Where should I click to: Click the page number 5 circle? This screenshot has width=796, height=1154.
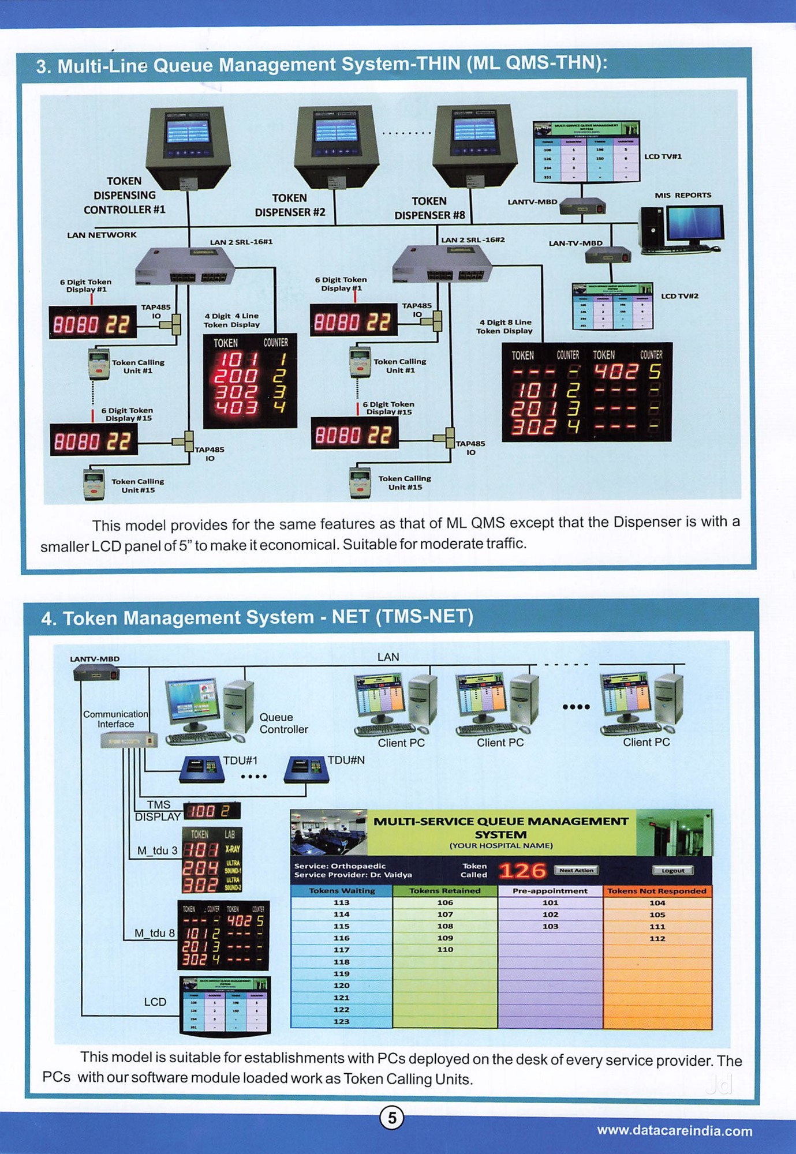(x=392, y=1118)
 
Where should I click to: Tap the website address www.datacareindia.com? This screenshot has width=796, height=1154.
(x=674, y=1130)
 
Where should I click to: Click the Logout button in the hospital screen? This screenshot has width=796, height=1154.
(x=672, y=870)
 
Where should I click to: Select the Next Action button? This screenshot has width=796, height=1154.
(x=576, y=870)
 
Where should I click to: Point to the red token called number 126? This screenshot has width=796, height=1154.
(x=522, y=871)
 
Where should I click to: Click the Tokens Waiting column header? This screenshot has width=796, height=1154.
(x=342, y=891)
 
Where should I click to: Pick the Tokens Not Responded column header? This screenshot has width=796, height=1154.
(x=657, y=891)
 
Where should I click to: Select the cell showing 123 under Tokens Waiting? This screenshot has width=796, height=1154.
(x=341, y=1021)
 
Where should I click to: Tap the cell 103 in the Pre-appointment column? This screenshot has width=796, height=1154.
(x=550, y=926)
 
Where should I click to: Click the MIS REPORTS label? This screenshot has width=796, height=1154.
(x=683, y=195)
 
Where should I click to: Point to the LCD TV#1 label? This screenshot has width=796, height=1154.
(x=663, y=156)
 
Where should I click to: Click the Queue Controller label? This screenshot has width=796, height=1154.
(x=283, y=723)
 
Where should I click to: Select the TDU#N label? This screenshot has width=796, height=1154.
(x=346, y=760)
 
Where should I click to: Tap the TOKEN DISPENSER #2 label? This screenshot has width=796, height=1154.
(x=290, y=205)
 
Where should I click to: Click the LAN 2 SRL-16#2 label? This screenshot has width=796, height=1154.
(x=473, y=239)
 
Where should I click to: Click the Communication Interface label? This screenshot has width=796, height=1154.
(x=115, y=719)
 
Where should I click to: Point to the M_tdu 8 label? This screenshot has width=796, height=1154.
(x=154, y=933)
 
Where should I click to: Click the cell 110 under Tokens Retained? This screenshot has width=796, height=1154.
(x=445, y=949)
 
